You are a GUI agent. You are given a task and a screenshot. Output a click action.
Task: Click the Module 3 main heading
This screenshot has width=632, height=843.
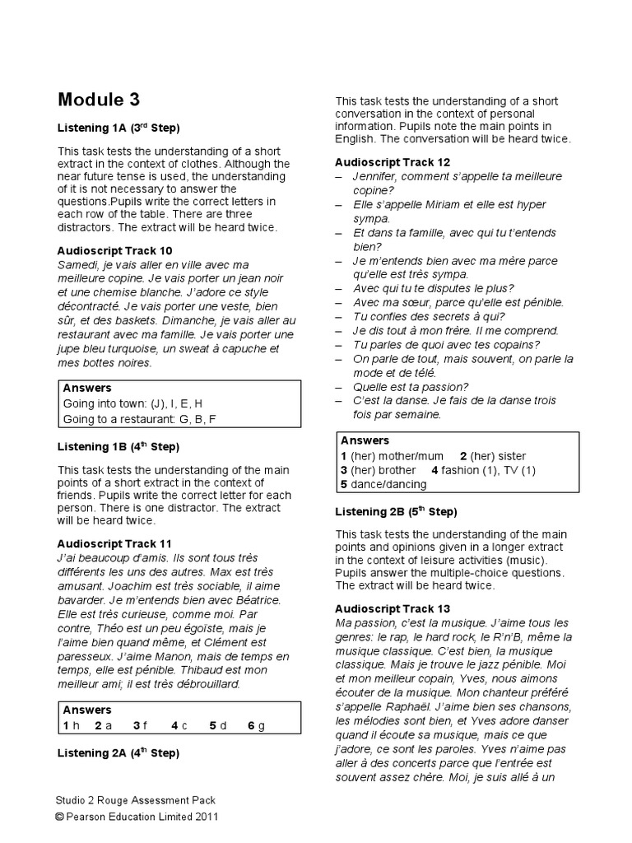coord(99,100)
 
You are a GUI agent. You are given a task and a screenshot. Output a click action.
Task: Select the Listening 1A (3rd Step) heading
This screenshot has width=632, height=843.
coord(118,128)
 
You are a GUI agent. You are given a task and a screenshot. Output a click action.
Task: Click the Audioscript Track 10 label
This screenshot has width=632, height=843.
coord(114,250)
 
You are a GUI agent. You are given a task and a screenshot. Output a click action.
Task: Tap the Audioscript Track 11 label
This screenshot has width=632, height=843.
coord(114,544)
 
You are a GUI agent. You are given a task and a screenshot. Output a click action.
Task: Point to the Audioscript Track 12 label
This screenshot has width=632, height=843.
coord(393,162)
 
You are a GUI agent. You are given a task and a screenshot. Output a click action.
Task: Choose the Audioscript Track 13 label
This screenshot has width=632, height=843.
coord(393,608)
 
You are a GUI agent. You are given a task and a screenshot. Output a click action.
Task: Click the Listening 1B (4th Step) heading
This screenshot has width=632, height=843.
coord(118,447)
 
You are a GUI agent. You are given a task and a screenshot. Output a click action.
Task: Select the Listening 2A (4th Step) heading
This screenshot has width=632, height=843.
coord(118,752)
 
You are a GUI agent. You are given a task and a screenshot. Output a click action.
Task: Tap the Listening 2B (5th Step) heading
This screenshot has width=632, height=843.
coord(397,511)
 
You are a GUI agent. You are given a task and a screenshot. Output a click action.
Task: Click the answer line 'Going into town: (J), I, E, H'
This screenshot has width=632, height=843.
coord(132,404)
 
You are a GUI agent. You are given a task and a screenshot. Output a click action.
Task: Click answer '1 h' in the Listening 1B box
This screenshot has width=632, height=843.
coord(71,725)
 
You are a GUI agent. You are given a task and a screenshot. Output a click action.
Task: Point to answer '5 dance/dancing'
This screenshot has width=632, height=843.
coord(383,485)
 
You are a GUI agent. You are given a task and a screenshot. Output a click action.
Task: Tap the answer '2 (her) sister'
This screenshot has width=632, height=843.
coord(493,455)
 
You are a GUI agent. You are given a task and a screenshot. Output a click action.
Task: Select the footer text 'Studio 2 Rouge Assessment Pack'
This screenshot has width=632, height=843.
coord(137,800)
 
